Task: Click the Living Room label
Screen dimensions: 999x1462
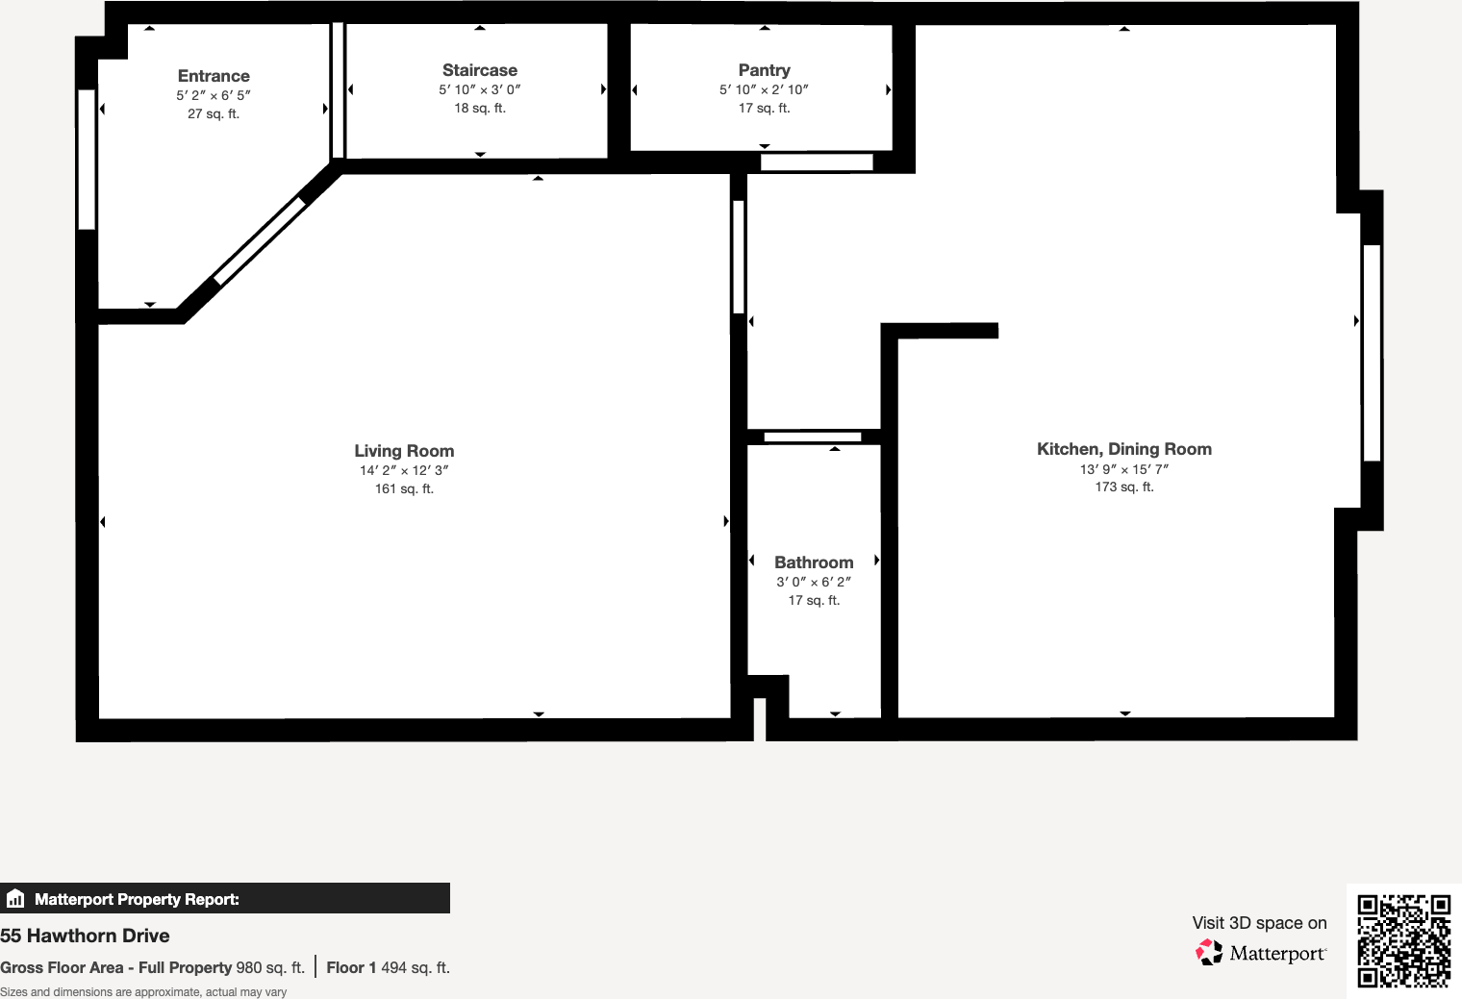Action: click(404, 451)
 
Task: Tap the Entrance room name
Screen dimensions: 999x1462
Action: click(214, 76)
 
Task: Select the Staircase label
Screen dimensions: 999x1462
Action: click(480, 70)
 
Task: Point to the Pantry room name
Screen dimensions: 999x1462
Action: click(765, 70)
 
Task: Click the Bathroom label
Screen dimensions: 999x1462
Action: click(814, 562)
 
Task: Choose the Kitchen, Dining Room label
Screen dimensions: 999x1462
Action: click(1124, 449)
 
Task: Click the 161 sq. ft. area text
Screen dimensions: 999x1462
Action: click(404, 489)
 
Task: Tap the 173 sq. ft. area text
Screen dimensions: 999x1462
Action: click(1124, 487)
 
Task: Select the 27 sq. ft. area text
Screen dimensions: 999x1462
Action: click(214, 114)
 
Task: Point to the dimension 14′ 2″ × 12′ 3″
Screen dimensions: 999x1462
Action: click(404, 470)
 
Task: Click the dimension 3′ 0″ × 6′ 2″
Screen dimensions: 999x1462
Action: click(814, 582)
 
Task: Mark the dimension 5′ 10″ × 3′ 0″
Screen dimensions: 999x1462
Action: click(480, 89)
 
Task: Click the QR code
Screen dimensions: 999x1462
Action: click(1403, 940)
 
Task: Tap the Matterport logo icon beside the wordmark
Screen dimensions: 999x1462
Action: click(1209, 952)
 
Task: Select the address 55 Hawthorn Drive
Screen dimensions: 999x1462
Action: click(85, 936)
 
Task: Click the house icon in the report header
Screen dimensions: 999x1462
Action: click(15, 899)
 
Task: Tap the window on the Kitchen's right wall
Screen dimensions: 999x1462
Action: click(1373, 353)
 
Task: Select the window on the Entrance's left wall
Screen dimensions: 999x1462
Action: click(87, 160)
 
